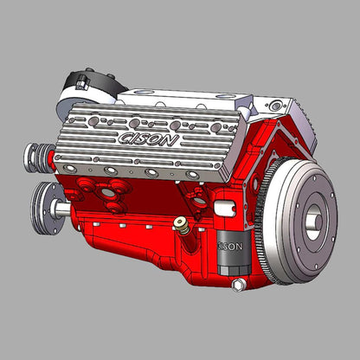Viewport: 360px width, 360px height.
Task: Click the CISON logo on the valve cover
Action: point(148,139)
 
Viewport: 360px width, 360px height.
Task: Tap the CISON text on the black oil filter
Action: point(230,247)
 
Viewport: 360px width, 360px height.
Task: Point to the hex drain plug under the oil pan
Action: point(238,285)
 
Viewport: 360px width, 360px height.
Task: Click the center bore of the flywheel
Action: point(314,222)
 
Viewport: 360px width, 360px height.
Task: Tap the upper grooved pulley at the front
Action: point(38,157)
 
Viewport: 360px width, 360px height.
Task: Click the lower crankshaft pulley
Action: point(47,209)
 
